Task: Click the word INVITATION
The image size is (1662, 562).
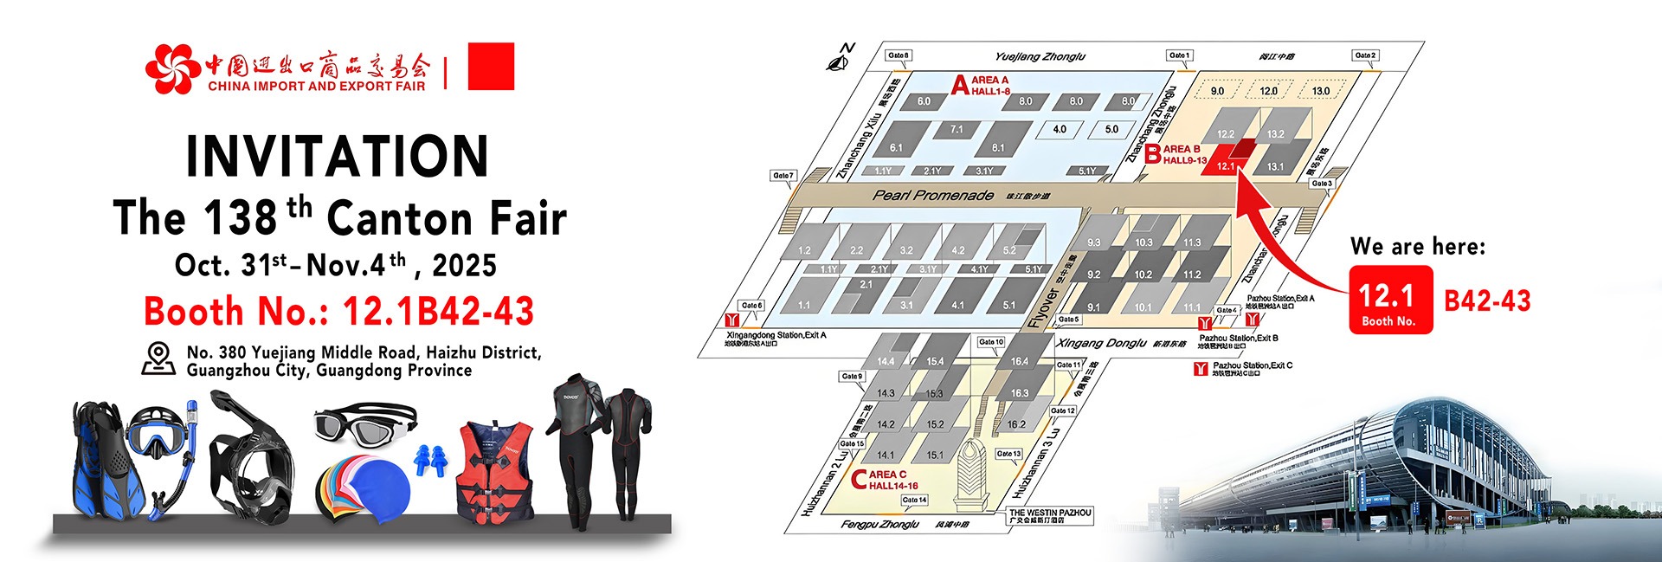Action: pyautogui.click(x=338, y=156)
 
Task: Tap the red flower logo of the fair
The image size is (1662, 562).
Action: pyautogui.click(x=172, y=68)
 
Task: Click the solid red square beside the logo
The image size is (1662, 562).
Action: pyautogui.click(x=491, y=66)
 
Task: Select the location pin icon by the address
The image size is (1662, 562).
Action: pyautogui.click(x=158, y=359)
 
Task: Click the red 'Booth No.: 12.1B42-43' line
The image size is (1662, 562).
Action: pyautogui.click(x=339, y=311)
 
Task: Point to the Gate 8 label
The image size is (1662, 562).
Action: pyautogui.click(x=899, y=55)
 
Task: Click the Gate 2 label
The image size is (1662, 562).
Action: pyautogui.click(x=1365, y=55)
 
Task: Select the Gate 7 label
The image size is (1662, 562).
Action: pyautogui.click(x=783, y=176)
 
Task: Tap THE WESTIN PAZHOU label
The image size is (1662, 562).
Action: pyautogui.click(x=1050, y=516)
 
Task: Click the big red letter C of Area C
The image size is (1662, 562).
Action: pyautogui.click(x=859, y=479)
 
